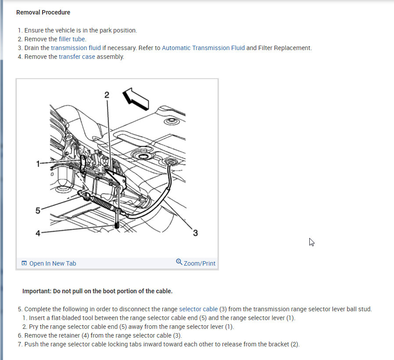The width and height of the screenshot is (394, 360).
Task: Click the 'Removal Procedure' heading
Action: [43, 12]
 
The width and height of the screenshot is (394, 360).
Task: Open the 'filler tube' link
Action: [72, 39]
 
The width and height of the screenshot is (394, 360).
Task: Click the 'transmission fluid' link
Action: [76, 48]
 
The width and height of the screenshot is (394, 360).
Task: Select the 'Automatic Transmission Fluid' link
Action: [203, 48]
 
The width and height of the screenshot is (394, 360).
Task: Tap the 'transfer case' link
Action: [77, 57]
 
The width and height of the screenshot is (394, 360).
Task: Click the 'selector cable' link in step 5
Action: [198, 309]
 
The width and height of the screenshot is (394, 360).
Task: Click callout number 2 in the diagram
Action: [107, 95]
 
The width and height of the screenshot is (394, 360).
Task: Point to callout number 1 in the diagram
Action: [38, 164]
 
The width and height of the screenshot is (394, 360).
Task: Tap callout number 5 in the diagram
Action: [38, 211]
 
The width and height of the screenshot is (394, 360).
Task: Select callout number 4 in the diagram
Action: [38, 233]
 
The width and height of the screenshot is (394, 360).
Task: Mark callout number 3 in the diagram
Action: [195, 233]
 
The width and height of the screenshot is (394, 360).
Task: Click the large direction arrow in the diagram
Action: [136, 99]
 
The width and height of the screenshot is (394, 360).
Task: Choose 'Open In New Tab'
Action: [53, 263]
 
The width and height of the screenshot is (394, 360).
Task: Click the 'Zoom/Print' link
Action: [200, 263]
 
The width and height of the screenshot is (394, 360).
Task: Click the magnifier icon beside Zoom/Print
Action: [179, 262]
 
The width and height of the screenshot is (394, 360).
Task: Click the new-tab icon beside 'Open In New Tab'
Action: [24, 263]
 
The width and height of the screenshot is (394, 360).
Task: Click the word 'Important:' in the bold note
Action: [37, 291]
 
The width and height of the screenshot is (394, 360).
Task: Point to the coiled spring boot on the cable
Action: [102, 203]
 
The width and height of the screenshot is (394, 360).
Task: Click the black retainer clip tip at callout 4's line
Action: [117, 225]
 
